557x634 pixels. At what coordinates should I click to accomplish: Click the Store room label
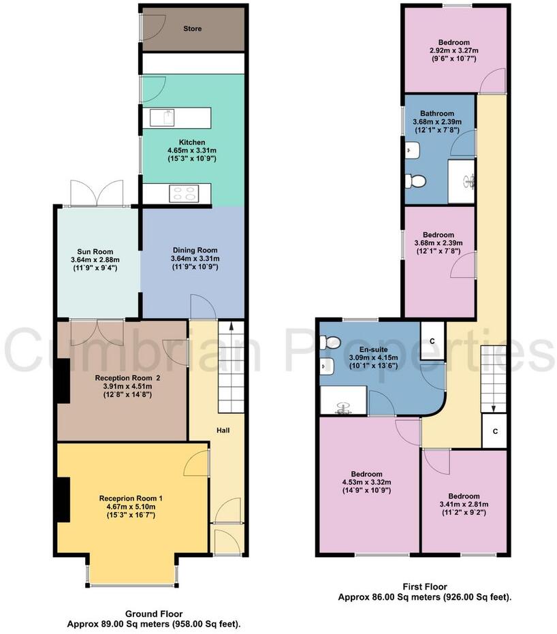pos(193,29)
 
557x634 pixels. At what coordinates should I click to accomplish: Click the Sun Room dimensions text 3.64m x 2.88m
pos(95,259)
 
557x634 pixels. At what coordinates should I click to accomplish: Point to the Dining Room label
pos(194,250)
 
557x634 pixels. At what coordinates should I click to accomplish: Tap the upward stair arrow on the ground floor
pos(231,328)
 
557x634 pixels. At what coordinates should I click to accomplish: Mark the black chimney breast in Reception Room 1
pos(63,500)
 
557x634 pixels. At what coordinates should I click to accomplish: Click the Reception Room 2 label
pos(122,376)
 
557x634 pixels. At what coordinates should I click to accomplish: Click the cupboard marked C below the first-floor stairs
pos(494,430)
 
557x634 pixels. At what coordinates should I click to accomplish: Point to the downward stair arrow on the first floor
pos(494,407)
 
